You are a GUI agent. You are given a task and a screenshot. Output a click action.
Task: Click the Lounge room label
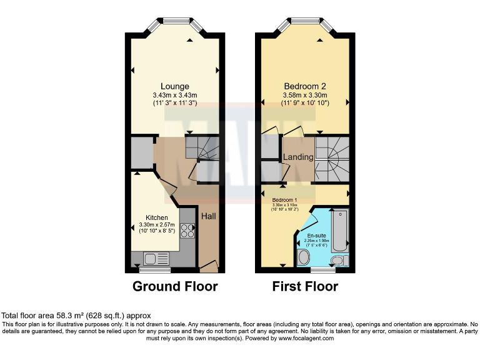[174, 86]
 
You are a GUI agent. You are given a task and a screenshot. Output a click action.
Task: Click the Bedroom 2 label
[304, 86]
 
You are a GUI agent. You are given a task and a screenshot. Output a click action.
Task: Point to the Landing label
[298, 157]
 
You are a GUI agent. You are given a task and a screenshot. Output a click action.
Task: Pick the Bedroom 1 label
[284, 198]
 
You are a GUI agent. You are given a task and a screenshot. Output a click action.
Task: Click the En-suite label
[316, 235]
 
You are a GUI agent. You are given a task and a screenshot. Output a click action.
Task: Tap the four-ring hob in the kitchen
[187, 231]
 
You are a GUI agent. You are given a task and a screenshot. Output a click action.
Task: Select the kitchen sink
[152, 257]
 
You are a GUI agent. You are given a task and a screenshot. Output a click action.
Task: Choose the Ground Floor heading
[175, 287]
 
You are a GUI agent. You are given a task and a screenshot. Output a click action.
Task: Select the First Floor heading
[304, 287]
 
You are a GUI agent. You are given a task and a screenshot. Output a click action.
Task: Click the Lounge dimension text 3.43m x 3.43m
[174, 95]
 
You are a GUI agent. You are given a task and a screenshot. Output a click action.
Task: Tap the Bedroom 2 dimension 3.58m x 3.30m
[304, 95]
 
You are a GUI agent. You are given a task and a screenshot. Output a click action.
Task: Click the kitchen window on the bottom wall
[155, 271]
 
